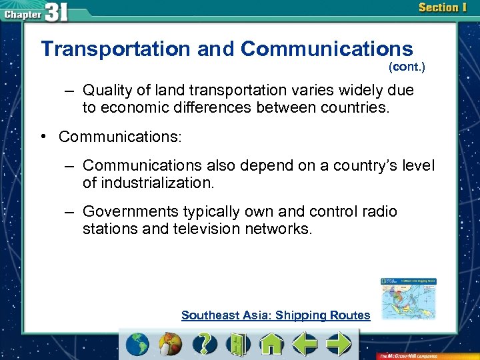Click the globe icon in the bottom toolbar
[138, 344]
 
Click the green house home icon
[271, 344]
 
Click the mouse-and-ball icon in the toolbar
[171, 344]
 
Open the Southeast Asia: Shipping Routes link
[275, 315]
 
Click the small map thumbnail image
[408, 299]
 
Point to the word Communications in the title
[327, 49]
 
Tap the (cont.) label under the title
[406, 67]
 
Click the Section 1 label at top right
[443, 8]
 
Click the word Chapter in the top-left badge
[22, 13]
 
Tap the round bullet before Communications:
[42, 137]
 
